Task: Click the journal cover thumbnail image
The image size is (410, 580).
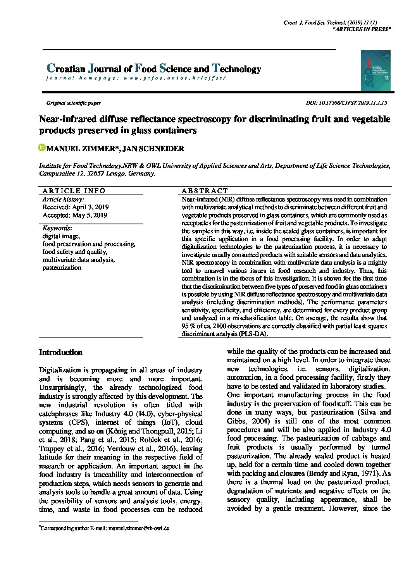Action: pyautogui.click(x=375, y=71)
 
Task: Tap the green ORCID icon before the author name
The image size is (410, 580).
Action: pyautogui.click(x=42, y=148)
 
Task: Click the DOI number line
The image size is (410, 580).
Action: pyautogui.click(x=346, y=103)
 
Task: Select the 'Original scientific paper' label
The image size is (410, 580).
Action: pyautogui.click(x=74, y=103)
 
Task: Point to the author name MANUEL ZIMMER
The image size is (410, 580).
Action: pyautogui.click(x=83, y=148)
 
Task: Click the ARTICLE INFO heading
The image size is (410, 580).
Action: pyautogui.click(x=74, y=191)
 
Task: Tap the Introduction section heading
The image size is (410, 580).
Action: pyautogui.click(x=61, y=353)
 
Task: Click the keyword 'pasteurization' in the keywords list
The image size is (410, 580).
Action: pyautogui.click(x=62, y=267)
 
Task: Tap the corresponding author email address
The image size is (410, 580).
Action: pyautogui.click(x=139, y=528)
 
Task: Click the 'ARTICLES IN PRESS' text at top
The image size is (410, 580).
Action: pyautogui.click(x=362, y=29)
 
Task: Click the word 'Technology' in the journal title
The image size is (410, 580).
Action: pyautogui.click(x=236, y=69)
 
